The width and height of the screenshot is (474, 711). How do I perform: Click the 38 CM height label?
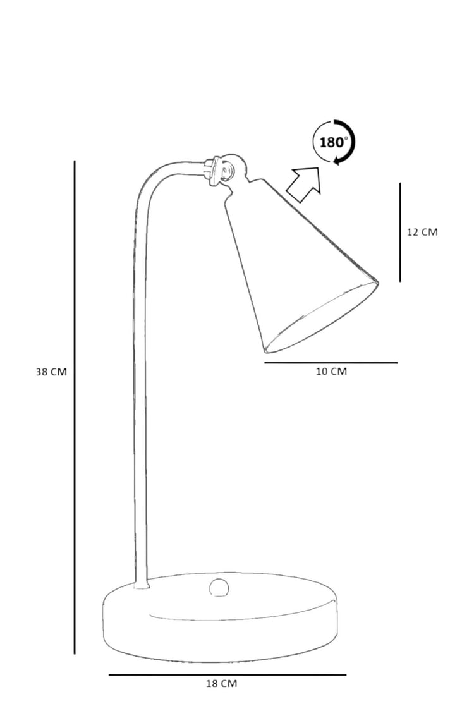(51, 372)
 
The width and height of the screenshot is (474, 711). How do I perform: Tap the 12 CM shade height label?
(422, 232)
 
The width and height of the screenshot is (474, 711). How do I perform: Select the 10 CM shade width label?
(331, 372)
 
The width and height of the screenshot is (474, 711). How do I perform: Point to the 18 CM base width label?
(221, 683)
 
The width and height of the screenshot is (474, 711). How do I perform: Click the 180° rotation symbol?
(334, 142)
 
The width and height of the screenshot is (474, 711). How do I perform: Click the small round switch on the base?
(219, 588)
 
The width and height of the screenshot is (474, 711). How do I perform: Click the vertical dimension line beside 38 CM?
(75, 407)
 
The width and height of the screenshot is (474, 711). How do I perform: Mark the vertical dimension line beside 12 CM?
(400, 232)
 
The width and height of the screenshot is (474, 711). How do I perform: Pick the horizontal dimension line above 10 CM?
(331, 362)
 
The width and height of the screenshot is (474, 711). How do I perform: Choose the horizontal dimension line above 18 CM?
(228, 674)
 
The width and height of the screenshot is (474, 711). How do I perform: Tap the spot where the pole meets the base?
(142, 587)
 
